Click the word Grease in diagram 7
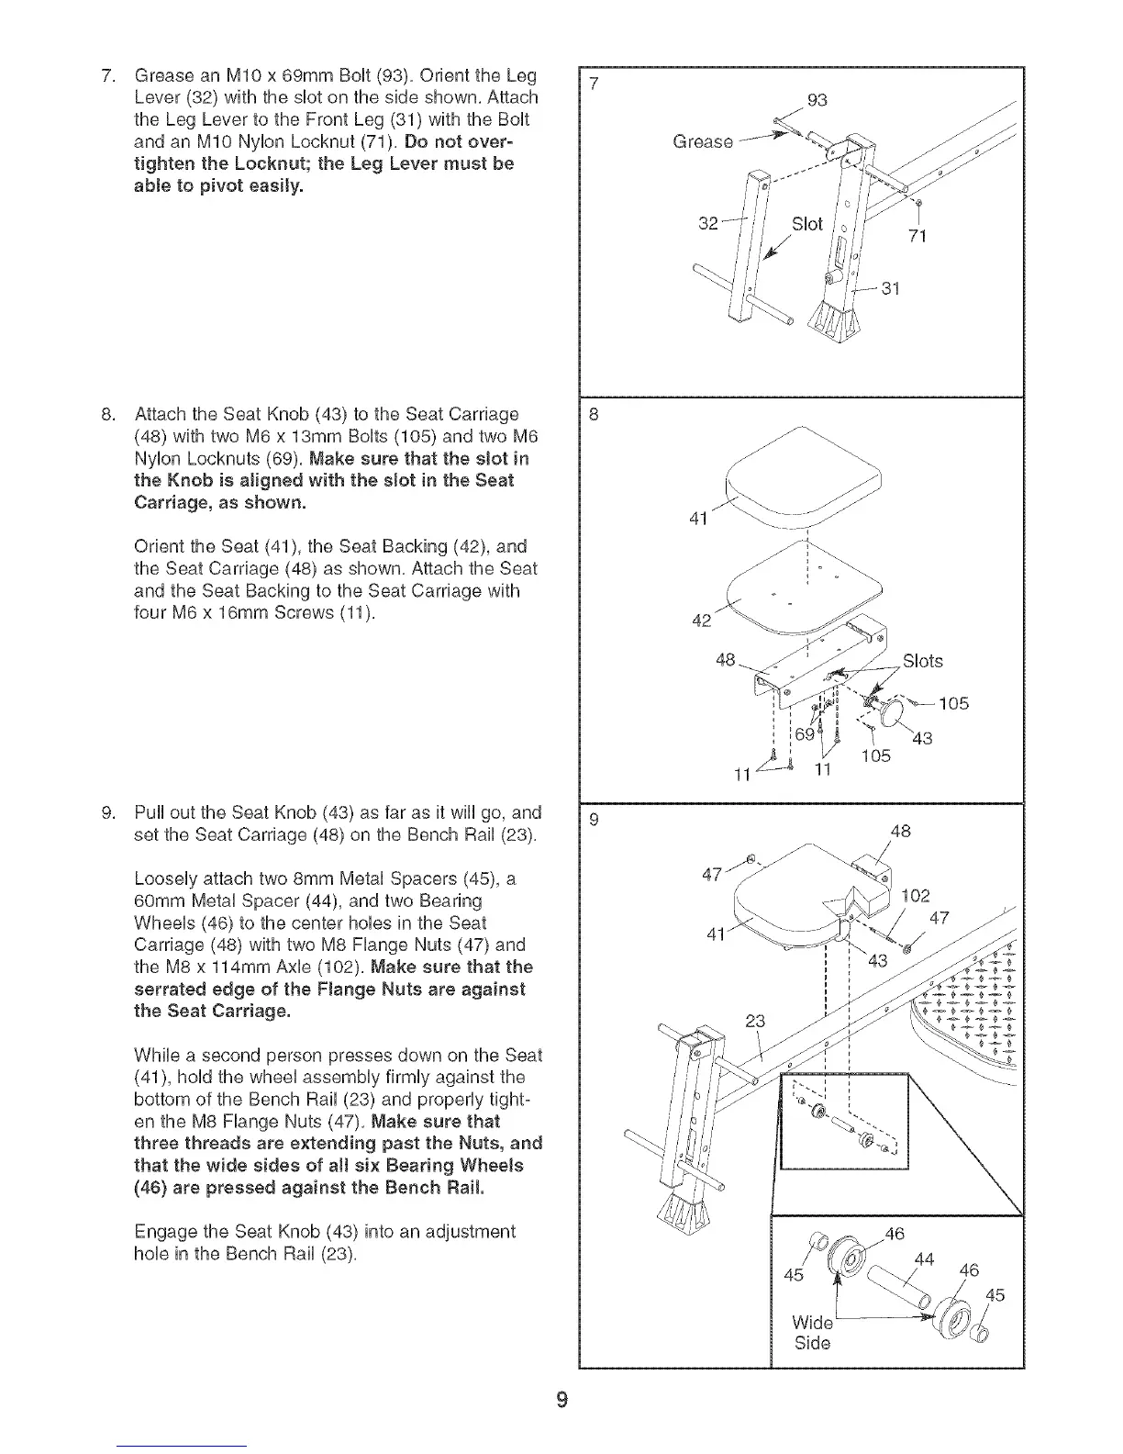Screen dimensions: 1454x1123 coord(703,142)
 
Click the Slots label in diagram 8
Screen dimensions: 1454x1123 coord(922,661)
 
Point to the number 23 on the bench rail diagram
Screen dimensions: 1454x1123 coord(754,1020)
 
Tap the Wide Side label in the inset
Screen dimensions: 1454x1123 coord(812,1334)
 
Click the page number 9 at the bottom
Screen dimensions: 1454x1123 coord(561,1399)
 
